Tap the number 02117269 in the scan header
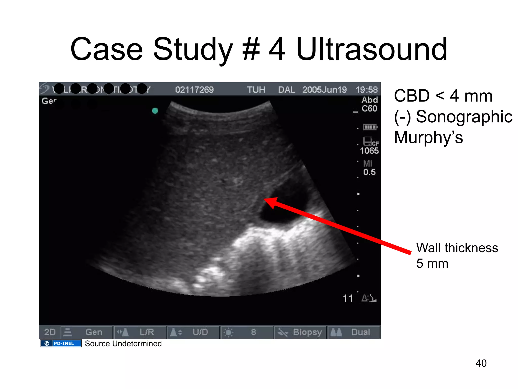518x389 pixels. [194, 90]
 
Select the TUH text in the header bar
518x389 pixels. [256, 90]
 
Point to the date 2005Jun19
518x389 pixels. [324, 90]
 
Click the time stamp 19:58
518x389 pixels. [366, 90]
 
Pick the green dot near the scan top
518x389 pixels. [155, 111]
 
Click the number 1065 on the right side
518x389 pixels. [369, 151]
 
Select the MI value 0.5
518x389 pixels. [369, 172]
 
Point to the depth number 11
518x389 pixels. [348, 298]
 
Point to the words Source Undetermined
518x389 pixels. [123, 344]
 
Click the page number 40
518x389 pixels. [481, 363]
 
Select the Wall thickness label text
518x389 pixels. [457, 248]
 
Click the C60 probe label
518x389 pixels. [369, 109]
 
